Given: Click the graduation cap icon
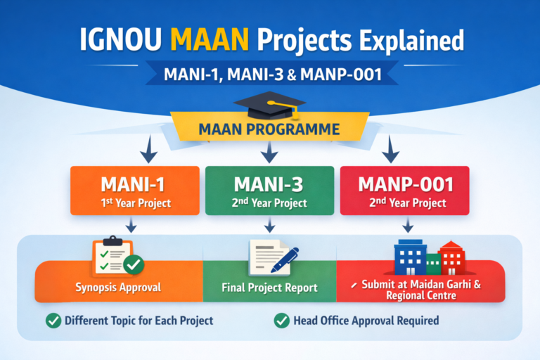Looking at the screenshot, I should [270, 105].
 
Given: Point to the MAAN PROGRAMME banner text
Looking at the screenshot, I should [269, 129].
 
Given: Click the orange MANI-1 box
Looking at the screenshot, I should [134, 190].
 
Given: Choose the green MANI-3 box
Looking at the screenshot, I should [269, 190].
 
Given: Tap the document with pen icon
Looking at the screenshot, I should [271, 258].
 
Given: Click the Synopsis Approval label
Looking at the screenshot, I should [118, 288].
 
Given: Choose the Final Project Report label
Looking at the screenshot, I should [269, 288].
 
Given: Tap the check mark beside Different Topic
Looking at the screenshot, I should [53, 321].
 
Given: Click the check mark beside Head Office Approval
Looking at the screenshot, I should [282, 321].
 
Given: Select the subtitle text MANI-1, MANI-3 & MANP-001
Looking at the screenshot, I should [269, 72].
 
